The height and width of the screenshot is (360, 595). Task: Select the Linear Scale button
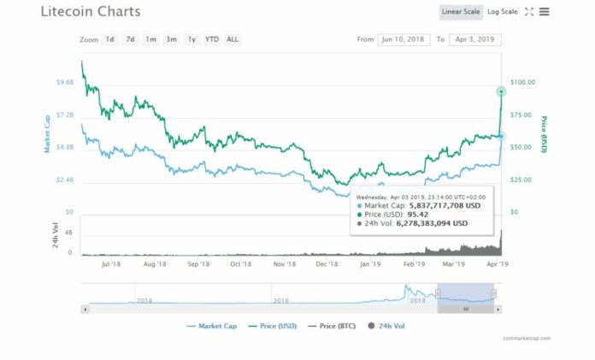461,12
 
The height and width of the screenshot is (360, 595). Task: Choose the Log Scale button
503,12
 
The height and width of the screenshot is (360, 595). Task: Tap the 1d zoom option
110,39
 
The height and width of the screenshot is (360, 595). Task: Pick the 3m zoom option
172,39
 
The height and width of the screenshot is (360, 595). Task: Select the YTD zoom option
212,39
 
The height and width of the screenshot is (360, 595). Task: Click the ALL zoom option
233,39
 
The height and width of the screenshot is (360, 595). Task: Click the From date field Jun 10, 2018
404,39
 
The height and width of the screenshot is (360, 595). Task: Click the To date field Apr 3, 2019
474,39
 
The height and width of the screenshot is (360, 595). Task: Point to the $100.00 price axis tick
522,82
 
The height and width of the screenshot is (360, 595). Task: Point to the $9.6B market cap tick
64,82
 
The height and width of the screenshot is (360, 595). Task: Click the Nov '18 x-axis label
285,264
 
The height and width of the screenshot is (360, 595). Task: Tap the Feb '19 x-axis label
414,264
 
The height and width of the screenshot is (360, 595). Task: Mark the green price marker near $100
501,91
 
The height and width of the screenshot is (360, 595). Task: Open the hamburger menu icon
545,12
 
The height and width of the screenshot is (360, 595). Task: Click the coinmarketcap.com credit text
527,339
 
